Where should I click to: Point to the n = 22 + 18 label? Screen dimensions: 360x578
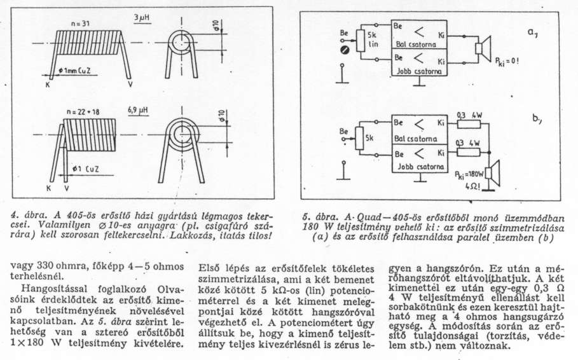82,111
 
